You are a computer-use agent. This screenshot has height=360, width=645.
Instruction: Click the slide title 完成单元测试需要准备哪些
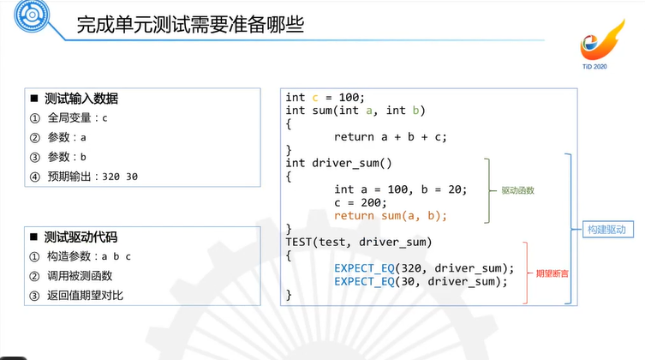[x=189, y=25]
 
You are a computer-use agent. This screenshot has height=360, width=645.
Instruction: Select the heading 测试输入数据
[x=81, y=99]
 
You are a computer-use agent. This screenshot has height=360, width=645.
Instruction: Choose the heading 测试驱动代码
[x=81, y=237]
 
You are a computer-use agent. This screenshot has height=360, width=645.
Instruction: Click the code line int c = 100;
[x=325, y=97]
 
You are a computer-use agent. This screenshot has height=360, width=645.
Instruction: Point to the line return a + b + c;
[x=391, y=136]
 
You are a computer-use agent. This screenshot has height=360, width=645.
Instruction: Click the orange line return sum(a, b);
[x=391, y=215]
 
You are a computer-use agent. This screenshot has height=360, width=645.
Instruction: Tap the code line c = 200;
[x=361, y=202]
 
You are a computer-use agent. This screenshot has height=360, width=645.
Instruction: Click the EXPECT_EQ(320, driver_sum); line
[x=424, y=268]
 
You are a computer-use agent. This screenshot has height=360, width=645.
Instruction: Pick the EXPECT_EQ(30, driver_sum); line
[x=421, y=281]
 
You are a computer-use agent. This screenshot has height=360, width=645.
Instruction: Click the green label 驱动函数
[x=518, y=190]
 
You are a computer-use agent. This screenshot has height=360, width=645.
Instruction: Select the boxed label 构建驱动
[x=606, y=230]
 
